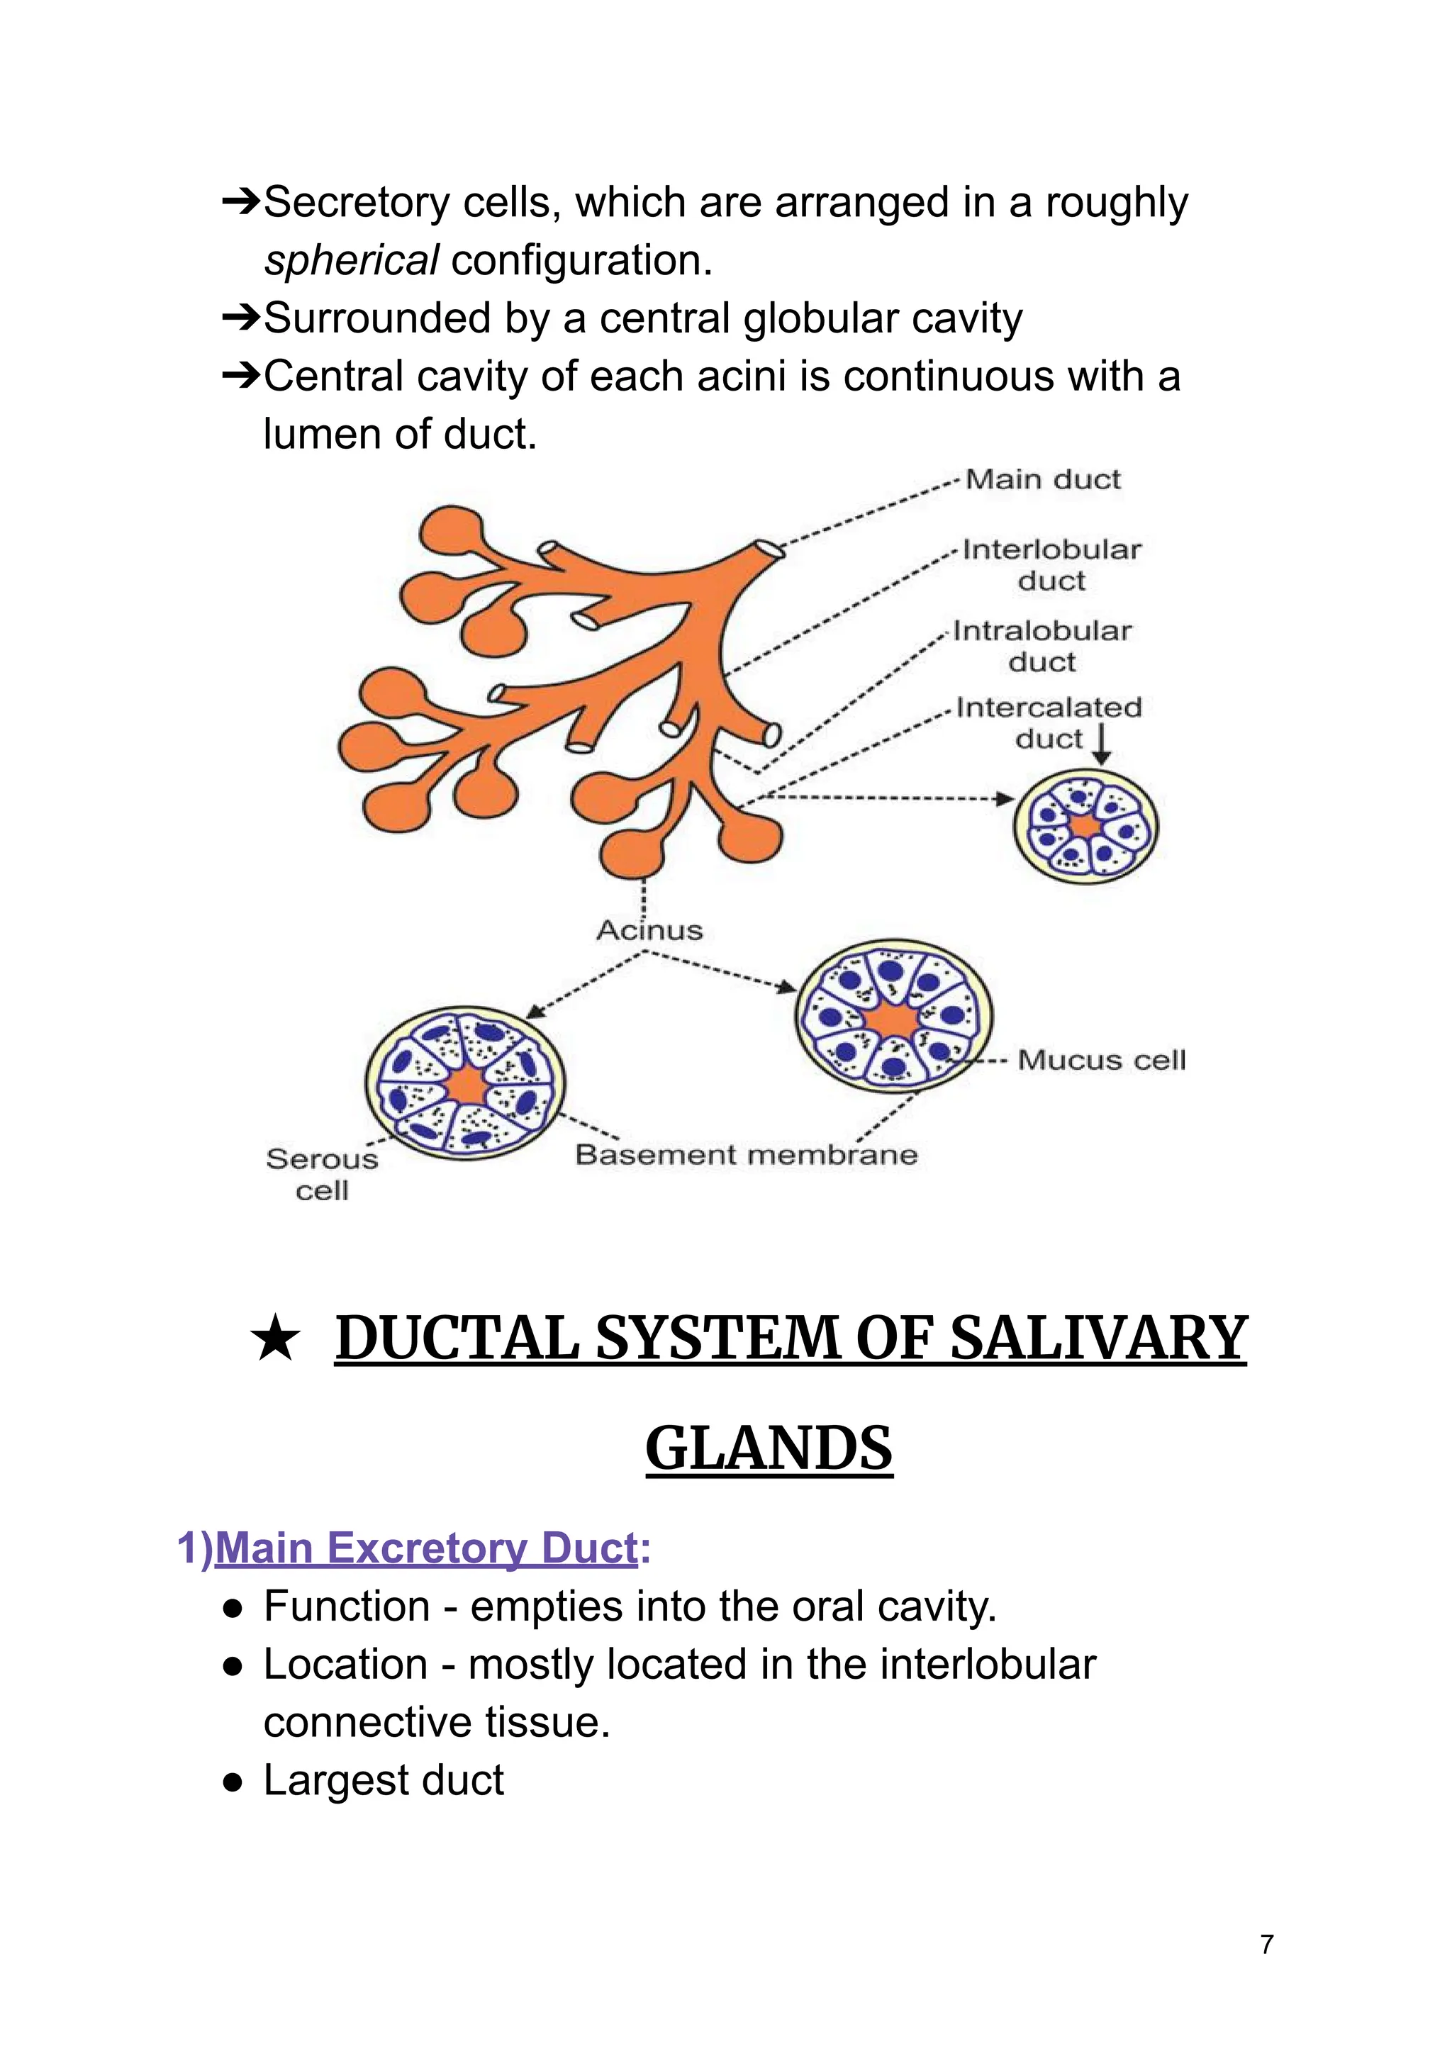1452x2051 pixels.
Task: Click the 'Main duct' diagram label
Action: (x=1041, y=480)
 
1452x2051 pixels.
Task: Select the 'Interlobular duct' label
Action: (x=1051, y=565)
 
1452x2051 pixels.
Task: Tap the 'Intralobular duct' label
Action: (x=1041, y=647)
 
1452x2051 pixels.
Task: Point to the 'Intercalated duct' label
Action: (x=1048, y=722)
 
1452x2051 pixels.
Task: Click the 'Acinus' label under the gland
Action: (x=649, y=931)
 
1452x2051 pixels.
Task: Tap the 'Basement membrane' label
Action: (x=746, y=1155)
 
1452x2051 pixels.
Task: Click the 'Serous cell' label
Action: (x=322, y=1175)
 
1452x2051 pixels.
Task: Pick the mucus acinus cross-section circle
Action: (x=893, y=1016)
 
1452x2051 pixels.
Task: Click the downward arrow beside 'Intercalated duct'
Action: (x=1102, y=744)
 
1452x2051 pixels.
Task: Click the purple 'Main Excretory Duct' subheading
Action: (x=425, y=1548)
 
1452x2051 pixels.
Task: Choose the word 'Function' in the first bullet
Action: (x=346, y=1606)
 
